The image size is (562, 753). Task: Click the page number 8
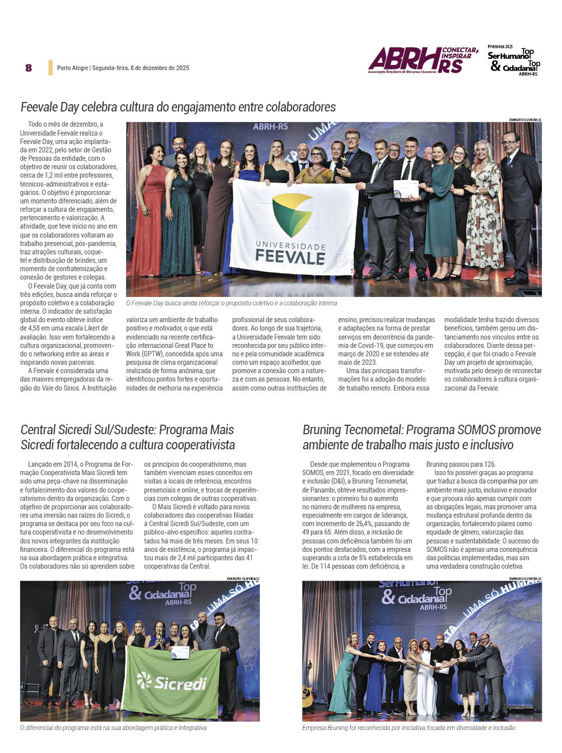point(29,68)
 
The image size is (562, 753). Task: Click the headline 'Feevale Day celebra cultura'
point(178,107)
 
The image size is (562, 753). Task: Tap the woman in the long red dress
point(149,216)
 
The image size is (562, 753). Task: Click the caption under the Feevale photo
point(231,303)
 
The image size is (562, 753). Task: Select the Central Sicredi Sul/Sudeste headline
point(127,437)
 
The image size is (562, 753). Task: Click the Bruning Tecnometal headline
point(421,437)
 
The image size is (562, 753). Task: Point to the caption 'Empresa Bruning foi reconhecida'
point(408,728)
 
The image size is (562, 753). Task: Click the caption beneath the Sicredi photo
point(113,728)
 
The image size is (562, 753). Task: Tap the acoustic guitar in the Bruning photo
point(308,695)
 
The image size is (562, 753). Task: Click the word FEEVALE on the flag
point(290,257)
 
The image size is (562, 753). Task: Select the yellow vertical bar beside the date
point(50,68)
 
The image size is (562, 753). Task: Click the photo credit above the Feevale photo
point(524,119)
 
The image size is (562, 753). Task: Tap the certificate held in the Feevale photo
point(406,189)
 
